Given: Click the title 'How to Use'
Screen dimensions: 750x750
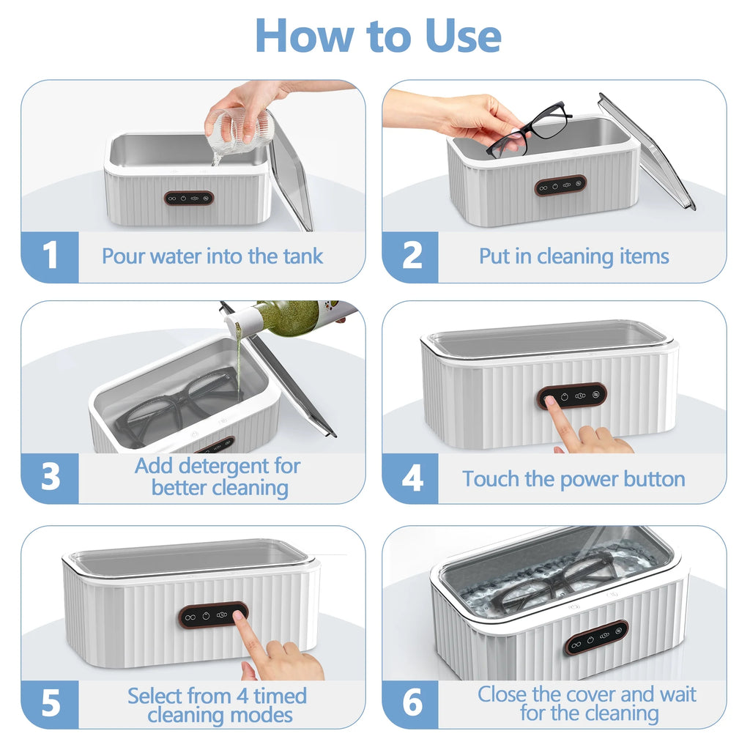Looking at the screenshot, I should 378,34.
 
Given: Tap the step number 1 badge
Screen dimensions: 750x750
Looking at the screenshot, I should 50,256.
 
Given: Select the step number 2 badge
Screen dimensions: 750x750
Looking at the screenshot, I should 412,256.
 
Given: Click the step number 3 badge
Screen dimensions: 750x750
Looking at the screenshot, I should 50,477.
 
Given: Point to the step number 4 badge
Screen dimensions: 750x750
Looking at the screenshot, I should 412,478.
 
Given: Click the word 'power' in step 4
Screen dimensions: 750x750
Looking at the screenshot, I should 588,479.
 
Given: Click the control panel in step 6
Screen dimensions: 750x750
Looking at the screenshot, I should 596,636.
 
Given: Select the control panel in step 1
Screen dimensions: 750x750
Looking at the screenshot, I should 189,197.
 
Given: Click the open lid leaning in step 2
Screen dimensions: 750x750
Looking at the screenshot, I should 645,150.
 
